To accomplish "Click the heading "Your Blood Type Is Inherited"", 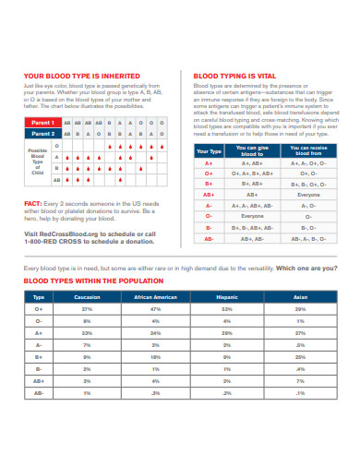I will point(82,76).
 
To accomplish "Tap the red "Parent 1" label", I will point(42,122).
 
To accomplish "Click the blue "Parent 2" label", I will point(42,133).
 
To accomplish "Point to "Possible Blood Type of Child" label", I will point(38,161).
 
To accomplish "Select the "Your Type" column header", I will point(210,149).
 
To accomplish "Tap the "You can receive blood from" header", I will point(308,149).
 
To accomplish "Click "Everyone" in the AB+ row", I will point(308,195).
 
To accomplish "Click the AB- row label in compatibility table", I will point(210,237).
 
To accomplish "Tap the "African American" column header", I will point(155,297).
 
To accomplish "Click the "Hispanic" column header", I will point(227,297).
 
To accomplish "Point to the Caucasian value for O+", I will point(87,309).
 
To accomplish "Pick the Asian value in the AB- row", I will point(300,392).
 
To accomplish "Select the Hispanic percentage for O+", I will point(227,309).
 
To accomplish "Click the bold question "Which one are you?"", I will point(307,268).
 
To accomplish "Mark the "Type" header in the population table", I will point(38,297).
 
